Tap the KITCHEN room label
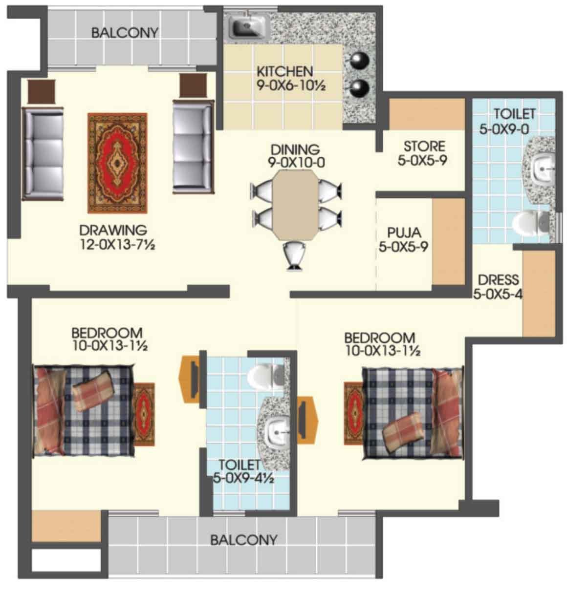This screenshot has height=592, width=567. (284, 72)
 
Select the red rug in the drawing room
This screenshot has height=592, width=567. (117, 163)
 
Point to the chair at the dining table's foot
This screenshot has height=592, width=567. (294, 255)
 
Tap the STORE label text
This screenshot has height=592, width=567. (424, 147)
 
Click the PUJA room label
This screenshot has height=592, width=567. (404, 233)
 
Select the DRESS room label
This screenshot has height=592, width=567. (498, 280)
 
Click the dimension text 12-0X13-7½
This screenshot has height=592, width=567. (117, 244)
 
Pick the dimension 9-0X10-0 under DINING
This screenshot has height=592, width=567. (296, 163)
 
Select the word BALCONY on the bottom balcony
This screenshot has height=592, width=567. (244, 540)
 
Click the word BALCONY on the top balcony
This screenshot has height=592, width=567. (125, 33)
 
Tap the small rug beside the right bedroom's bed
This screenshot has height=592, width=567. (354, 413)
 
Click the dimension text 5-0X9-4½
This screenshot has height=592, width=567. (243, 479)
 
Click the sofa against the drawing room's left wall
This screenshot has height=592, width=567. (43, 154)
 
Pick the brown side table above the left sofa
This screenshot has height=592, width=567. (42, 91)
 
